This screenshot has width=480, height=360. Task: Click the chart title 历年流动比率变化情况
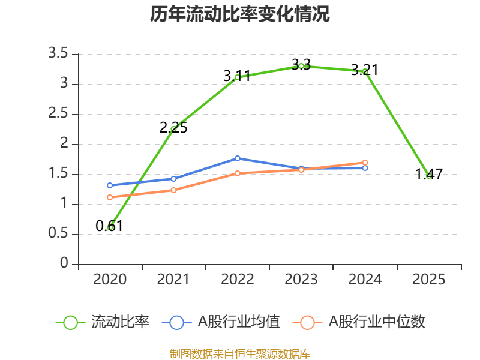coord(240,14)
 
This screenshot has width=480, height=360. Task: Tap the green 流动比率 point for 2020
coord(110,227)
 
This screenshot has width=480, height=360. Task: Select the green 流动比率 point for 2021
coord(174,129)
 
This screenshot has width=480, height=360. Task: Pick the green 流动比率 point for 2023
coord(301,66)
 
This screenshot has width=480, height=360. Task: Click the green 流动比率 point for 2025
coord(429,176)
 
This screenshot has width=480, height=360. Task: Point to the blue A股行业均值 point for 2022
coord(238,158)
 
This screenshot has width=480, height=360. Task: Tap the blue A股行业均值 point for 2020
coord(110,185)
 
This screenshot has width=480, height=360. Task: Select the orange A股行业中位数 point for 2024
coord(365,163)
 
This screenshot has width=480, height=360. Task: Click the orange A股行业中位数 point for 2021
coord(174,190)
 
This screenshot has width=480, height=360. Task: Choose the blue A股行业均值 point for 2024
coord(365,168)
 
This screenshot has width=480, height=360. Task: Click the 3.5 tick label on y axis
coord(59,54)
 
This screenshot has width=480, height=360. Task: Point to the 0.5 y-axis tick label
coord(59,234)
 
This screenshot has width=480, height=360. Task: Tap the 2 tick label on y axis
coord(65,144)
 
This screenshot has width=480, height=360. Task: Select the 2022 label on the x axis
coord(238,280)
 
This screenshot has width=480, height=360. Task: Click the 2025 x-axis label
coord(429,280)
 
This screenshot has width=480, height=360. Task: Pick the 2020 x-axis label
coord(110,280)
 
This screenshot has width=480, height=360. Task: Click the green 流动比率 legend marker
coord(70,322)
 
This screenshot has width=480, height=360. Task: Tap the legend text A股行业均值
coord(239,322)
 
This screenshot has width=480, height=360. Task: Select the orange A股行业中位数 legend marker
coord(307,322)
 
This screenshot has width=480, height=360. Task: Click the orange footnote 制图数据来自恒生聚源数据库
coord(240,353)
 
